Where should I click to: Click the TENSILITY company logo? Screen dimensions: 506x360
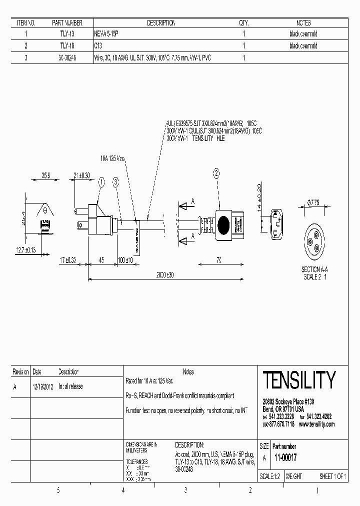click(x=299, y=380)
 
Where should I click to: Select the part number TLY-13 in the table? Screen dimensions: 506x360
click(x=67, y=34)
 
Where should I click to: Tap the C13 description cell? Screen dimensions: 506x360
click(x=98, y=46)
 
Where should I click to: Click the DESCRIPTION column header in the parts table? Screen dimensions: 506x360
click(x=161, y=23)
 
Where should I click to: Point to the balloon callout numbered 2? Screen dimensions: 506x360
click(x=216, y=174)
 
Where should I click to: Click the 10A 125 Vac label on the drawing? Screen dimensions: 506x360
click(x=112, y=158)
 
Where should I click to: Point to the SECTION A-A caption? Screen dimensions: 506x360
click(x=314, y=269)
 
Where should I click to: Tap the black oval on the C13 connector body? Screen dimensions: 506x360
click(x=224, y=222)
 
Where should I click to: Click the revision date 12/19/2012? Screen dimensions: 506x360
click(x=43, y=386)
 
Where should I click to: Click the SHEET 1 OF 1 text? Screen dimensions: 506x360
click(x=332, y=476)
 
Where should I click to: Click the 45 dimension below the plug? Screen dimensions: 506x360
click(x=101, y=260)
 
